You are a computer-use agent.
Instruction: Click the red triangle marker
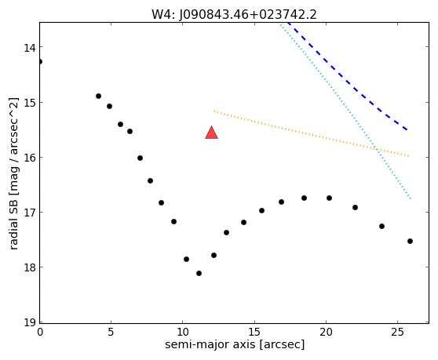(x=211, y=133)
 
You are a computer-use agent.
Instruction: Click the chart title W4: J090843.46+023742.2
(x=234, y=15)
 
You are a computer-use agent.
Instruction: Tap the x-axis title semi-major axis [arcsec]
(x=235, y=344)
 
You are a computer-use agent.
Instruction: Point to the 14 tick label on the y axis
(x=29, y=48)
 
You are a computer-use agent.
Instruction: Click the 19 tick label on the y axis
(x=29, y=323)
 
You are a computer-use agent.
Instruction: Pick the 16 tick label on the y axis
(x=29, y=158)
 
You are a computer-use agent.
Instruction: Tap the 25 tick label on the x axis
(x=397, y=332)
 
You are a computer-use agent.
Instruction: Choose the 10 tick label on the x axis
(x=183, y=332)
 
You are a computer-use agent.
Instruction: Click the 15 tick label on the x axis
(x=254, y=332)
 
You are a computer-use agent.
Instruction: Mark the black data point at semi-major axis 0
(x=40, y=61)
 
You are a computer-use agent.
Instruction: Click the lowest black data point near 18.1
(x=199, y=273)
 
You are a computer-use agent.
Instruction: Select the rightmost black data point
(x=410, y=241)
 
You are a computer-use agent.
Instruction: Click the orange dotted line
(x=311, y=133)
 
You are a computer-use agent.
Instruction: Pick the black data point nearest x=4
(x=98, y=96)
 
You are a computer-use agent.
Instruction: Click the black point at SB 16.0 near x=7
(x=140, y=158)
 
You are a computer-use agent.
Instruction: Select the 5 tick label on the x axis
(x=111, y=332)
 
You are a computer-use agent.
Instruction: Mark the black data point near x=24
(x=381, y=226)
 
